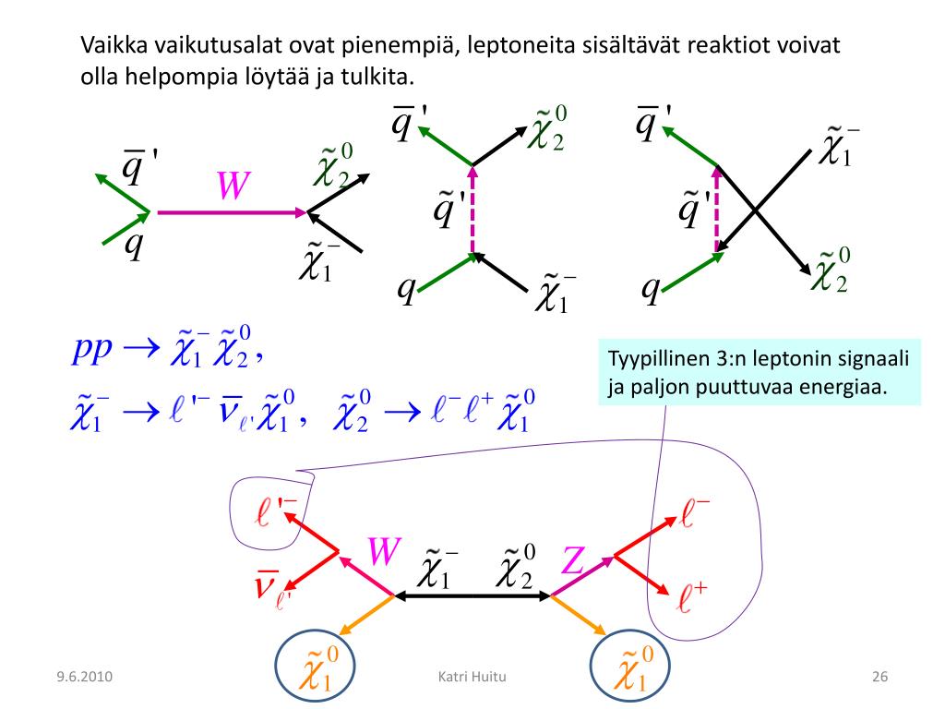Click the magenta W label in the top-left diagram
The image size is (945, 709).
pos(233,187)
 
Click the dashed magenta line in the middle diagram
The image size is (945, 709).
pos(472,210)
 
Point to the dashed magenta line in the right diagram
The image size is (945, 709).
pos(717,210)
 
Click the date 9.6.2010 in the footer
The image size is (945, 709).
pos(83,678)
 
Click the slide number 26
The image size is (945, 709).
pos(879,678)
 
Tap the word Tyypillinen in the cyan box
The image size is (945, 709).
pos(652,358)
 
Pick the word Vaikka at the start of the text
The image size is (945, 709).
pos(114,45)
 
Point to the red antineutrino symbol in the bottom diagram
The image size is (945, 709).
pos(269,586)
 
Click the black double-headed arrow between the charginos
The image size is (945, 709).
pos(472,595)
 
